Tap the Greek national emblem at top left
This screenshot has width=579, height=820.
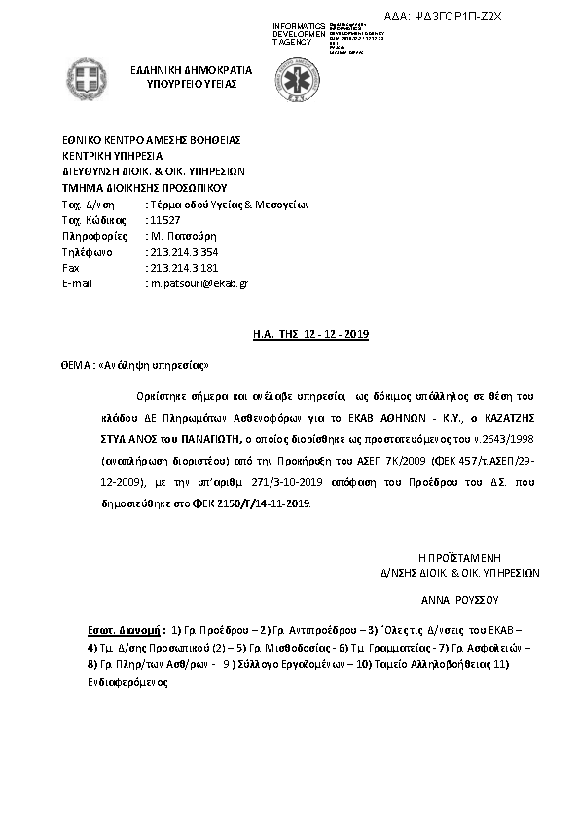(x=85, y=77)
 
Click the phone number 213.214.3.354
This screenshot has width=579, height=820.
(x=180, y=251)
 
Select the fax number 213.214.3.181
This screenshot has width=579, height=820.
(x=180, y=267)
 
